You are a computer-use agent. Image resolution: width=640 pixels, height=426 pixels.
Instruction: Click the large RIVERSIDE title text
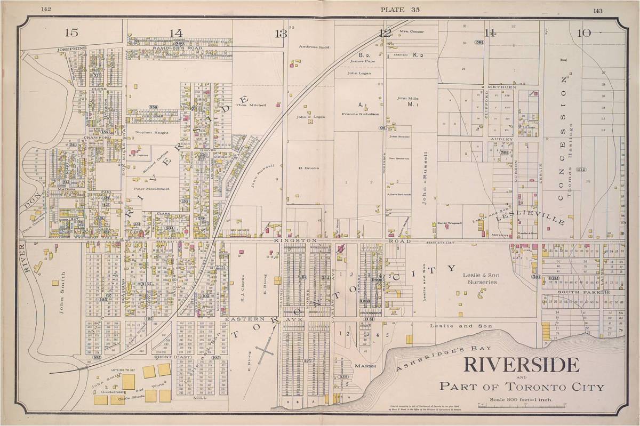(x=521, y=365)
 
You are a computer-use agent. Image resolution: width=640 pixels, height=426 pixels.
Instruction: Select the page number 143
(x=597, y=10)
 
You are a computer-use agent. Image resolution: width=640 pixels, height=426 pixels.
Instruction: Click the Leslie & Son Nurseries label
(x=471, y=278)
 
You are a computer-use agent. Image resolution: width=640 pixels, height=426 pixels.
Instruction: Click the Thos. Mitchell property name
(x=265, y=105)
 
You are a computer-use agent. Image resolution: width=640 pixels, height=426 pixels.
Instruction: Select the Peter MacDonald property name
(x=151, y=189)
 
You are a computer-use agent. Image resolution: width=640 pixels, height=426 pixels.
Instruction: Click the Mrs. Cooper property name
(x=412, y=31)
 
